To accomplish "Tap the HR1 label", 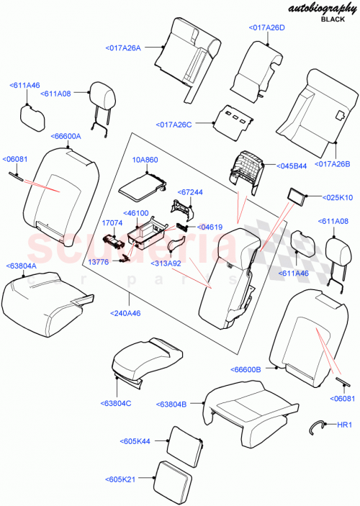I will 345,425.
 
